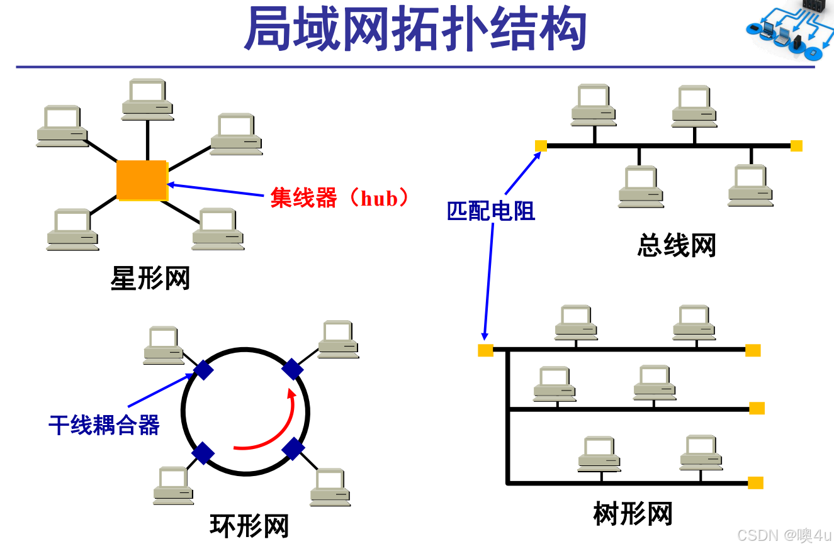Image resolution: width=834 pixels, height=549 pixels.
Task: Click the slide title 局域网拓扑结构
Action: pos(415,30)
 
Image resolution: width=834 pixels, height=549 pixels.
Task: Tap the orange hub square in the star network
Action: pos(142,180)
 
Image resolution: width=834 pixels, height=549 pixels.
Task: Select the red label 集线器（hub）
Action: pos(340,198)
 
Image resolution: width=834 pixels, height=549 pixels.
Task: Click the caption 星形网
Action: pos(150,278)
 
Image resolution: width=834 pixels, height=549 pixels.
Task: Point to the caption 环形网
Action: pos(249,526)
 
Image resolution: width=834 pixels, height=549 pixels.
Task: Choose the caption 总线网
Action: pos(677,245)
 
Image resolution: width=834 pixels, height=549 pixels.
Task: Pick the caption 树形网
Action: pos(633,514)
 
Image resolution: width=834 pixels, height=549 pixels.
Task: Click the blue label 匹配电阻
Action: pos(491,211)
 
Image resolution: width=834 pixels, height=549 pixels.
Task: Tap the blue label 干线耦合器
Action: pos(104,426)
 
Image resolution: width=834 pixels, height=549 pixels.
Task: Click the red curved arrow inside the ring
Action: pos(271,434)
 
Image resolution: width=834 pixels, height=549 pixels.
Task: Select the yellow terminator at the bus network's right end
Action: pos(796,146)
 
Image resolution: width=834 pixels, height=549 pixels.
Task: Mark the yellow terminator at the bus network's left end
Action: pos(541,146)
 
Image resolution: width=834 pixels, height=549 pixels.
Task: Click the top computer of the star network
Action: pos(147,99)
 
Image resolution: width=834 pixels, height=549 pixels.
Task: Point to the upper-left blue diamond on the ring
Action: pos(203,369)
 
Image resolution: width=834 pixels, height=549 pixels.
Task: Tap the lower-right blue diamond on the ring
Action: pos(293,448)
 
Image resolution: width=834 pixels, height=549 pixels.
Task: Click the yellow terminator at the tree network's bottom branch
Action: pos(755,483)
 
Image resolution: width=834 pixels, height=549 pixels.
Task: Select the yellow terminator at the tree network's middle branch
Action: pos(757,408)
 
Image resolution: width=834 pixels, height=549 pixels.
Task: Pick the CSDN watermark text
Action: pos(784,535)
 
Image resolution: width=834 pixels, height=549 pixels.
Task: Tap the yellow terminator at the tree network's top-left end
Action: pos(485,350)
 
